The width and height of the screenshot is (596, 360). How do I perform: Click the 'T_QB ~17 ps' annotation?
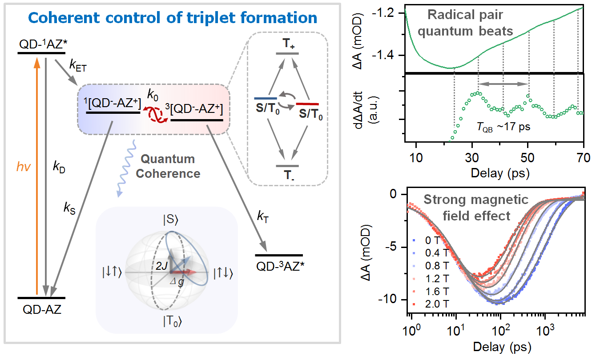[505, 126]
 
